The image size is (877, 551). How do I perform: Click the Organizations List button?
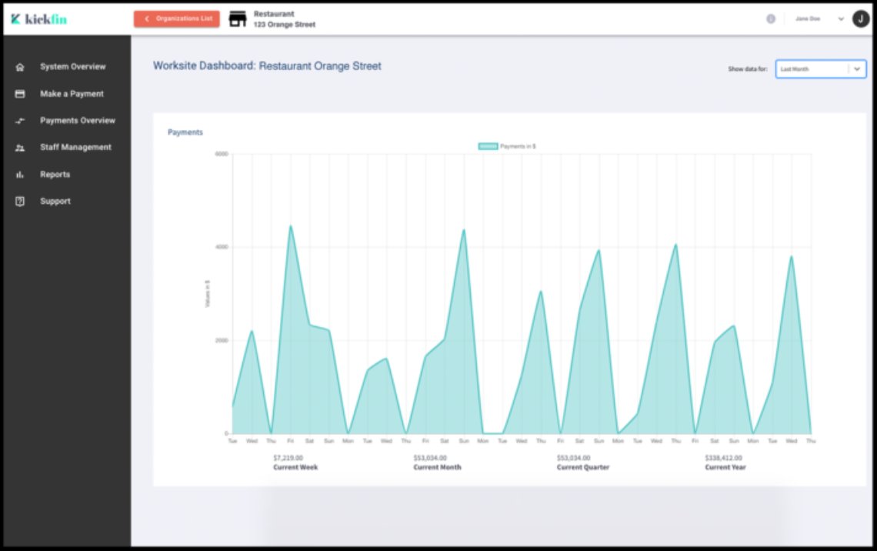(x=177, y=19)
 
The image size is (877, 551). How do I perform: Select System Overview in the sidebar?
(x=72, y=67)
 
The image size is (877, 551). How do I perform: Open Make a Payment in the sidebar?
(x=72, y=94)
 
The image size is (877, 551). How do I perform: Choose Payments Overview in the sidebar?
(x=77, y=121)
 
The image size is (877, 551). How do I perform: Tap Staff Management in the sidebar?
(x=75, y=148)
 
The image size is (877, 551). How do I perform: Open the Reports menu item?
(x=55, y=175)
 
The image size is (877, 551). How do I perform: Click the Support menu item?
(x=55, y=202)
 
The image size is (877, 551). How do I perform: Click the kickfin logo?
(x=39, y=19)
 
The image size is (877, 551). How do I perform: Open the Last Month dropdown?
(x=820, y=69)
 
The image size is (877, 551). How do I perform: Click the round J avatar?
(x=861, y=19)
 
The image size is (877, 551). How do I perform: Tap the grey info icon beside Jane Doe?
(x=771, y=19)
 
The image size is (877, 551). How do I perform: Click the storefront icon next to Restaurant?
(x=238, y=19)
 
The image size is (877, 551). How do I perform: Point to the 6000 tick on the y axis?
(x=222, y=154)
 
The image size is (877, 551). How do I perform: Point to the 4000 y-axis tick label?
(x=222, y=247)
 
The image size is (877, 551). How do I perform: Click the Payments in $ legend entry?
(x=508, y=146)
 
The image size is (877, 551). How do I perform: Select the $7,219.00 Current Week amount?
(x=288, y=458)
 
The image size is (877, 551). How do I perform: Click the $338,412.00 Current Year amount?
(x=723, y=458)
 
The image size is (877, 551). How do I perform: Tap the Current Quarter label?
(x=583, y=468)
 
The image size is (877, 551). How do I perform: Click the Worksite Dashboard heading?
(x=267, y=66)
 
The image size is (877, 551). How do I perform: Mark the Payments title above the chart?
(x=185, y=132)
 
